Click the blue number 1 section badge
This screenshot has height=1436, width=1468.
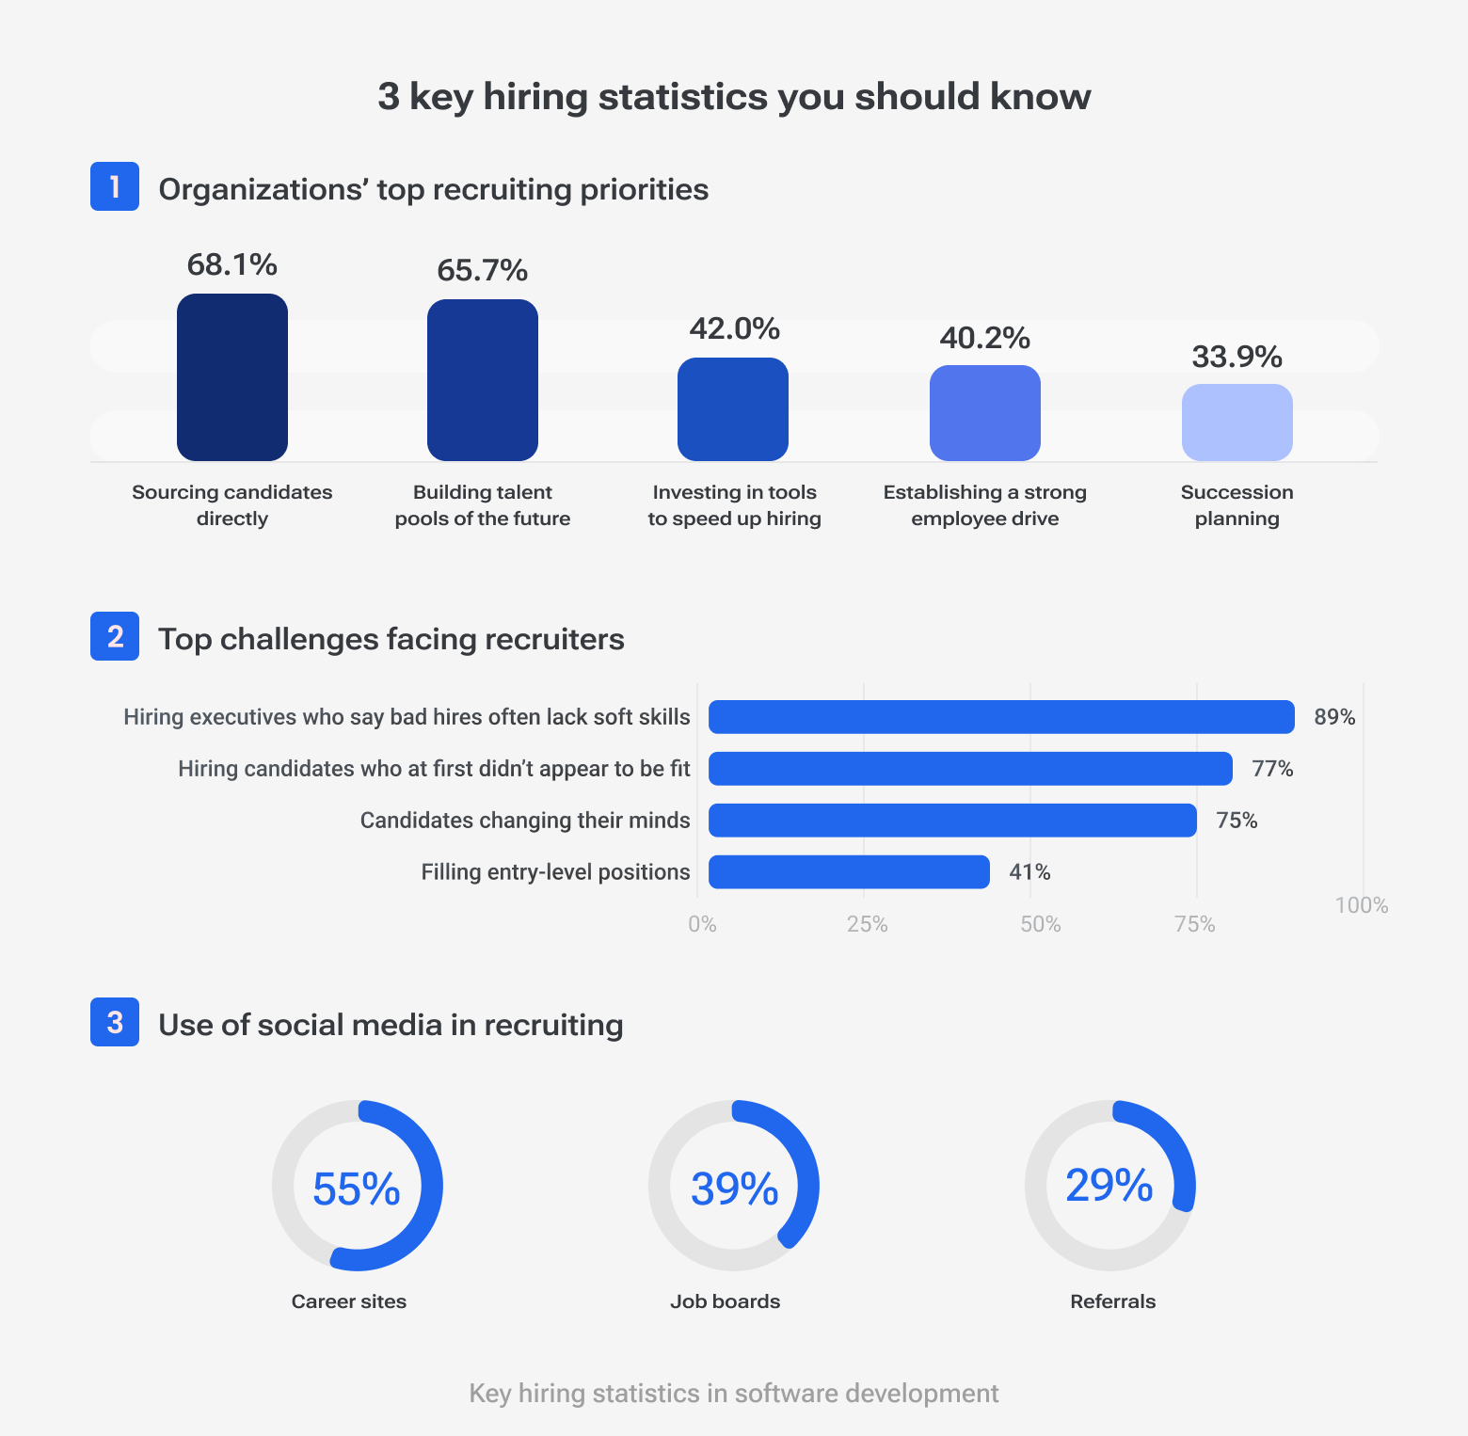click(x=115, y=186)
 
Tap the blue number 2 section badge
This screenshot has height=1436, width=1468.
click(x=115, y=636)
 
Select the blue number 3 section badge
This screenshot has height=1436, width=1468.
click(x=115, y=1022)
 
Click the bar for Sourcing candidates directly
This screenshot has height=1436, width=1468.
click(x=232, y=377)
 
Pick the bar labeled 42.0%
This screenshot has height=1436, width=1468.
click(x=733, y=409)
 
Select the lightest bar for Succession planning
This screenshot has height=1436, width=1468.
click(x=1237, y=423)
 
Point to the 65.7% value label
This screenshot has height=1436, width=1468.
click(x=482, y=271)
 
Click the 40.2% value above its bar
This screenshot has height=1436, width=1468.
click(x=984, y=338)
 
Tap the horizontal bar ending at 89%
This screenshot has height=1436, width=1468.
click(x=1001, y=717)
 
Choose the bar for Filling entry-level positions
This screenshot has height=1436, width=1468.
click(x=849, y=872)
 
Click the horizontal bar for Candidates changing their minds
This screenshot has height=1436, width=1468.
click(x=952, y=821)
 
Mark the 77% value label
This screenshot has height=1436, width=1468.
click(x=1272, y=769)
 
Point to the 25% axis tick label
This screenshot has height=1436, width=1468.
click(x=867, y=924)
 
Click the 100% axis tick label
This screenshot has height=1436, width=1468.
click(x=1361, y=905)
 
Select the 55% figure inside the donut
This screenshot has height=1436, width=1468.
click(x=357, y=1189)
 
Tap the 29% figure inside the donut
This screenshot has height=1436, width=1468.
click(x=1109, y=1186)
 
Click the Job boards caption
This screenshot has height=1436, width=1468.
click(x=725, y=1301)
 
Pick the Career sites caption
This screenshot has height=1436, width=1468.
click(x=348, y=1301)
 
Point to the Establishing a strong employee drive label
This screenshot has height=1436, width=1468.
click(x=984, y=505)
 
